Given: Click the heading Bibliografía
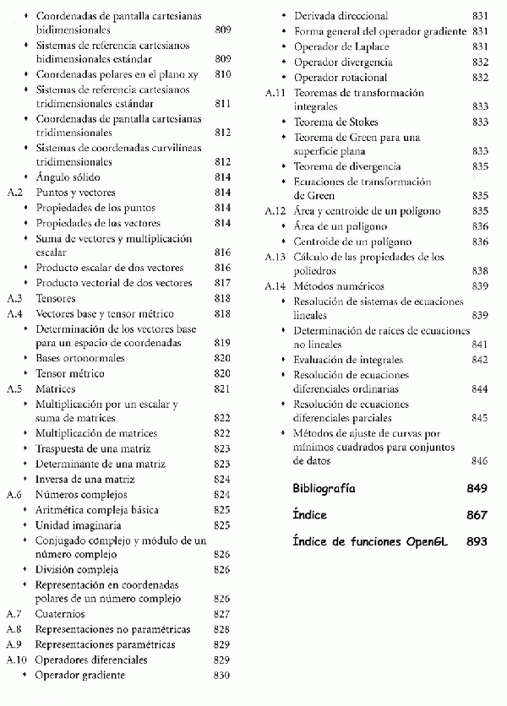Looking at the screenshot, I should [x=324, y=489].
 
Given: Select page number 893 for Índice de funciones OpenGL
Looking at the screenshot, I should [x=477, y=541].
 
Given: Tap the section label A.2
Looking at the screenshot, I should [x=14, y=193].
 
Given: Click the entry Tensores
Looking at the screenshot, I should [x=56, y=298].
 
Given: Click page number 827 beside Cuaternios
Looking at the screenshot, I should [x=222, y=614].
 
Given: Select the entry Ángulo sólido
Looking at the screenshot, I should [x=68, y=177].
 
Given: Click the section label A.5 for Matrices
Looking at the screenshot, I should [x=14, y=389].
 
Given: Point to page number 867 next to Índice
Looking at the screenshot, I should [x=477, y=515].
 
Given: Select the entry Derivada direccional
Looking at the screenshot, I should [x=341, y=16].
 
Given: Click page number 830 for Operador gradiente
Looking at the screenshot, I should [x=222, y=675].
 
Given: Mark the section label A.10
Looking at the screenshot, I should [x=17, y=660].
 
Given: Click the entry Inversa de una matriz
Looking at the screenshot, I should [x=85, y=480].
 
